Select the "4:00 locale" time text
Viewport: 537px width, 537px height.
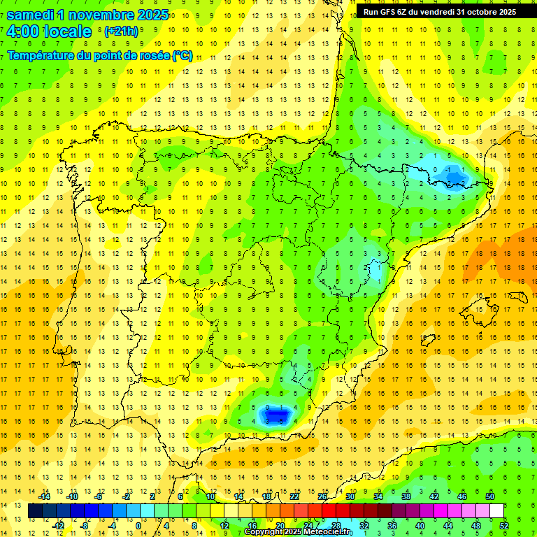pyautogui.click(x=49, y=31)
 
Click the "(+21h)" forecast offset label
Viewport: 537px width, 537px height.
pyautogui.click(x=121, y=31)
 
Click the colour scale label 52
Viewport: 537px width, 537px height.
pyautogui.click(x=504, y=525)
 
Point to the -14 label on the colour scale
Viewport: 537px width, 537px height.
pyautogui.click(x=46, y=496)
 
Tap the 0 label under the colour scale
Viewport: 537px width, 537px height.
pyautogui.click(x=138, y=525)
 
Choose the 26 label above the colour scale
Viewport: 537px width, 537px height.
pyautogui.click(x=322, y=496)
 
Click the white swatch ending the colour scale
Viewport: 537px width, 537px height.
pyautogui.click(x=496, y=511)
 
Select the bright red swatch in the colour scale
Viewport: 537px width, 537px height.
pyautogui.click(x=329, y=511)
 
